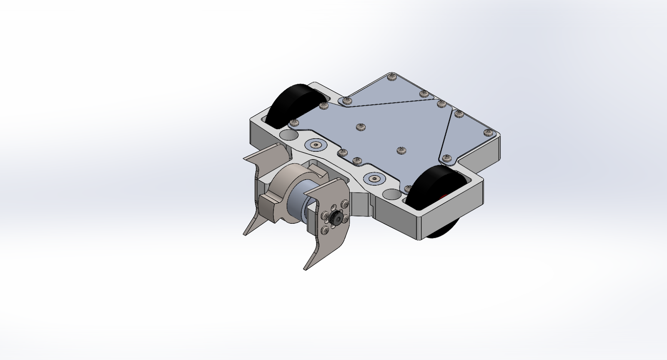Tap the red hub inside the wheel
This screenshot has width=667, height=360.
(x=444, y=196)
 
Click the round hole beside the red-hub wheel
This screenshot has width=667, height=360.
(x=391, y=194)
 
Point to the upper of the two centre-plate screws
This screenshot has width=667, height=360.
(x=360, y=127)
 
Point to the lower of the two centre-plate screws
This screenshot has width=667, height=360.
(x=401, y=150)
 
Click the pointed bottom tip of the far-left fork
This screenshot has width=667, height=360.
(x=244, y=235)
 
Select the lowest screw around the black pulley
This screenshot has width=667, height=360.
(x=325, y=230)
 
